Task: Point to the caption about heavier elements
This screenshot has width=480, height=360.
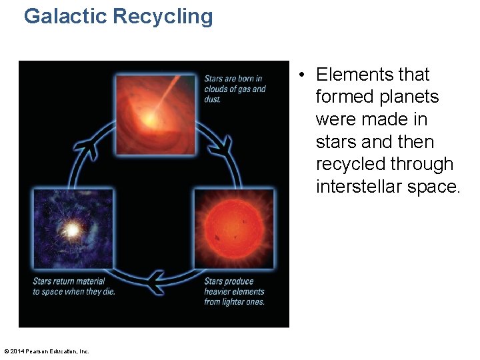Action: pyautogui.click(x=234, y=291)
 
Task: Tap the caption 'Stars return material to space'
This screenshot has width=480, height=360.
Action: pyautogui.click(x=73, y=286)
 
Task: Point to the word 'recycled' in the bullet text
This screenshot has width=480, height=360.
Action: pyautogui.click(x=351, y=164)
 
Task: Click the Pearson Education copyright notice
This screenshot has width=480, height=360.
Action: pyautogui.click(x=47, y=351)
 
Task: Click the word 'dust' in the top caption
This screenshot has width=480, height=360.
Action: pyautogui.click(x=212, y=99)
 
